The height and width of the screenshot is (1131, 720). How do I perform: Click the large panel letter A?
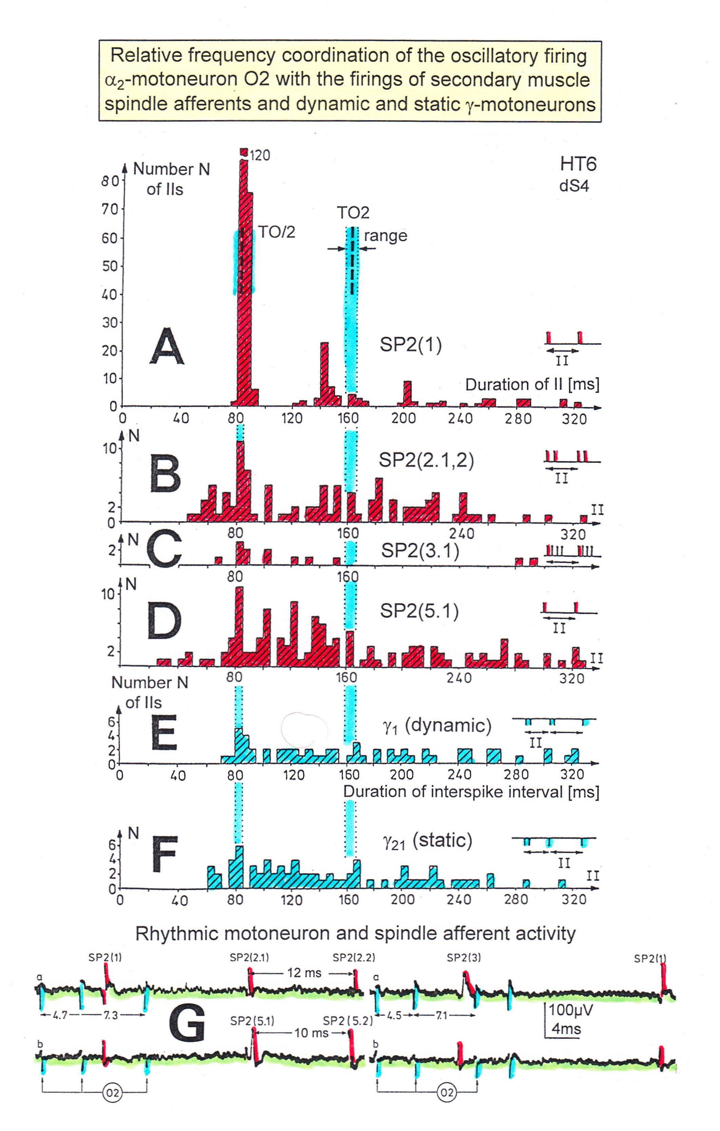point(167,347)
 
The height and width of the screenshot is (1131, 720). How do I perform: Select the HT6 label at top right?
point(578,164)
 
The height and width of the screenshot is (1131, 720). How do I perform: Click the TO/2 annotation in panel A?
point(276,232)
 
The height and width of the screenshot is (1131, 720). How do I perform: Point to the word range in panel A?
point(385,236)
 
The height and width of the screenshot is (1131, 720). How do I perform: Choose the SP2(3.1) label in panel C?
point(420,550)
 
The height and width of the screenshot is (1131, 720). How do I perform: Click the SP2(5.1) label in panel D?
point(419,611)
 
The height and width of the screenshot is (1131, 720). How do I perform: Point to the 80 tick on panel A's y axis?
point(111,181)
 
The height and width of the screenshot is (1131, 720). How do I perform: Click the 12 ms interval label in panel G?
point(304,973)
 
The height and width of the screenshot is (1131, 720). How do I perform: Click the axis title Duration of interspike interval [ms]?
point(471,792)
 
